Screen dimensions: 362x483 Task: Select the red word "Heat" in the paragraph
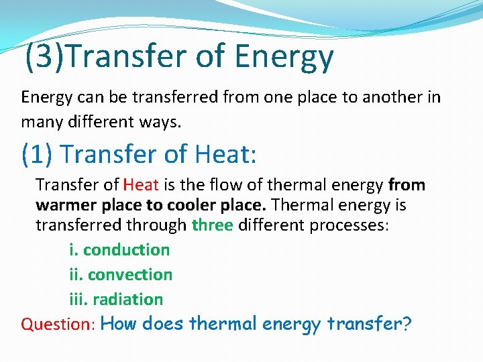[140, 184]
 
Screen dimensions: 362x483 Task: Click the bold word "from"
[407, 184]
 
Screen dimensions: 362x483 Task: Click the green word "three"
[212, 225]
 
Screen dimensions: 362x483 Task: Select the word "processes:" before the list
[349, 225]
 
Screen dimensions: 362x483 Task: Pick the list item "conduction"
[126, 249]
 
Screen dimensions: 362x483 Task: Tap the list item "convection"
[129, 274]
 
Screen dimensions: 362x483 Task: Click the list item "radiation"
[127, 299]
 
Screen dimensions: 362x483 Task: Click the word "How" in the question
[120, 324]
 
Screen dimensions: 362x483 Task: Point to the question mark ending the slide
[407, 324]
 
